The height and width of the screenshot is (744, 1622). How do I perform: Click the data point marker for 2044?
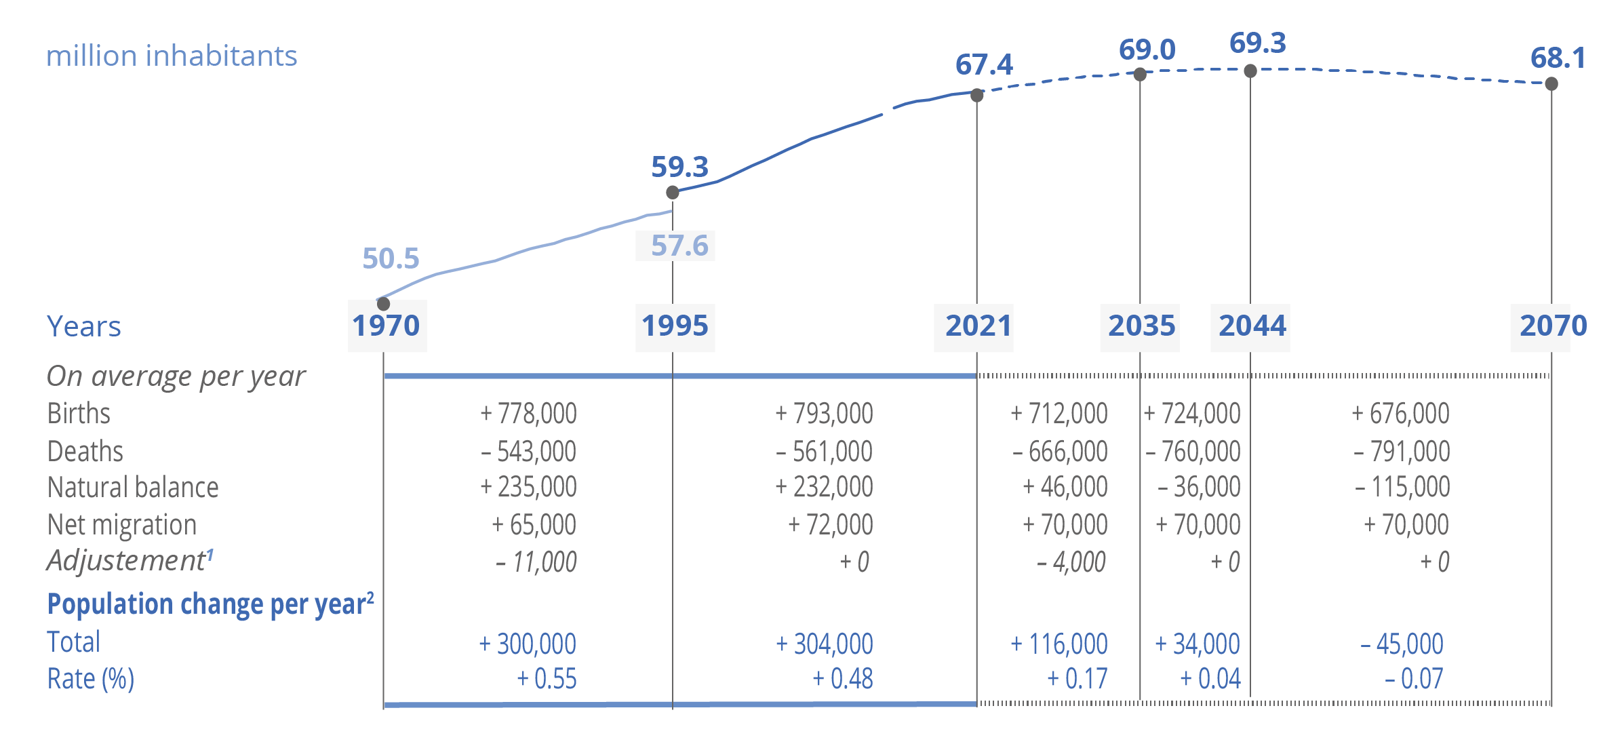point(1250,71)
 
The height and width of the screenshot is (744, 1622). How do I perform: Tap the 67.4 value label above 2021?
point(984,65)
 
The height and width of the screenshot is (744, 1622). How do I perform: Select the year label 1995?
point(675,326)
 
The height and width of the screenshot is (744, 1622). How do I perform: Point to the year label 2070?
point(1553,326)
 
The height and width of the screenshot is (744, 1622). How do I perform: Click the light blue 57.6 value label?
point(679,246)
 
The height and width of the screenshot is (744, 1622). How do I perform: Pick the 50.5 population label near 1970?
point(391,258)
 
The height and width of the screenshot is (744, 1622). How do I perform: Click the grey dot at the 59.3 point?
point(673,193)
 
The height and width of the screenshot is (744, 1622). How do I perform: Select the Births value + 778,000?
point(528,414)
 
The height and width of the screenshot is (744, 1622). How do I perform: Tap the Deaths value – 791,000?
point(1401,452)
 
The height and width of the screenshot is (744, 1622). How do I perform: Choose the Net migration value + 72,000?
point(830,525)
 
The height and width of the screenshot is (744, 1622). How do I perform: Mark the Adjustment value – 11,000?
point(536,562)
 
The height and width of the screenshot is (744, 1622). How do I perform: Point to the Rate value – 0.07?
point(1414,679)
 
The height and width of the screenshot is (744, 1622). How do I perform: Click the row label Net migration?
point(122,525)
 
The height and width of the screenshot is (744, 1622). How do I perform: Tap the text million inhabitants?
point(172,56)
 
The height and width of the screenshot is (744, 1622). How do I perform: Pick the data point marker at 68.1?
point(1551,84)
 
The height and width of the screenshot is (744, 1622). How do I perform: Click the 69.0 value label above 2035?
point(1147,50)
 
